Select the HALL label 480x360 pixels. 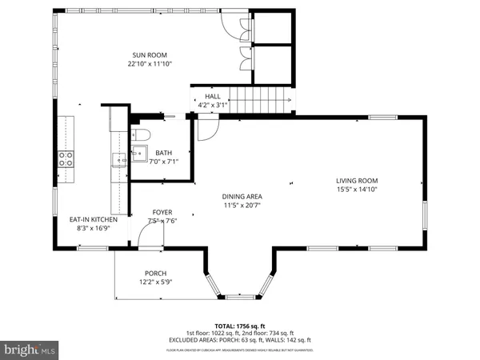(x=212, y=96)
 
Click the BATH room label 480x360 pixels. (x=163, y=153)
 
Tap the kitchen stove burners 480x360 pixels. (x=65, y=158)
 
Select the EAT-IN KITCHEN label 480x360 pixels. (x=94, y=219)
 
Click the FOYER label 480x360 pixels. (x=162, y=212)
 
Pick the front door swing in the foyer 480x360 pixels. (x=149, y=234)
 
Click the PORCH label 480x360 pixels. (x=155, y=273)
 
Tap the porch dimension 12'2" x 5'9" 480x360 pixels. (x=155, y=282)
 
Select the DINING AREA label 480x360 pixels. (x=242, y=196)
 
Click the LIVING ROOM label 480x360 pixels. (x=356, y=180)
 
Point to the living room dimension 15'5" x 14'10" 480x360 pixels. (x=356, y=190)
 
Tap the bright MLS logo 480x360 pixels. (x=30, y=350)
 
